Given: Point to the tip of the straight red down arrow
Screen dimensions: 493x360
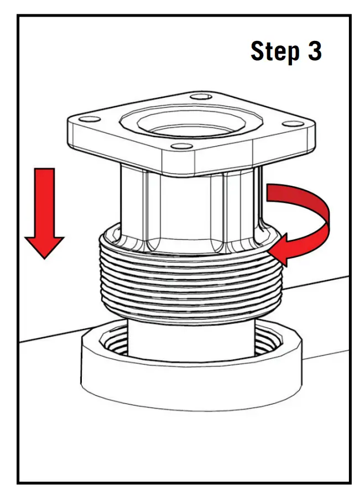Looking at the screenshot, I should [44, 257].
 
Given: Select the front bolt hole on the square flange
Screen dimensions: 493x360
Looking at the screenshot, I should [178, 146].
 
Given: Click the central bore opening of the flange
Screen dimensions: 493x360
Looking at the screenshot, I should [188, 124].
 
